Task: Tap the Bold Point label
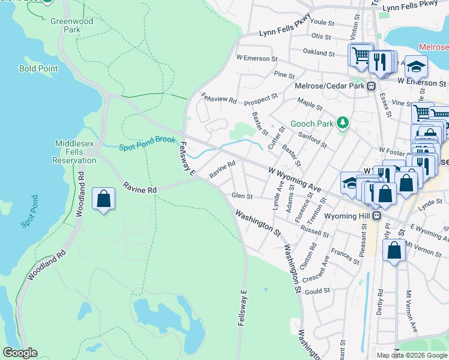pyautogui.click(x=38, y=68)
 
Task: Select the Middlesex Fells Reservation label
pyautogui.click(x=76, y=152)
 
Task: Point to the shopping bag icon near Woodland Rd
pyautogui.click(x=103, y=199)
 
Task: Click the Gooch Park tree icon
pyautogui.click(x=343, y=123)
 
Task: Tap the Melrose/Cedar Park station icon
pyautogui.click(x=372, y=86)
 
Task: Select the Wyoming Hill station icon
pyautogui.click(x=376, y=216)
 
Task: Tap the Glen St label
pyautogui.click(x=243, y=196)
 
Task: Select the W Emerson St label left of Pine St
pyautogui.click(x=257, y=58)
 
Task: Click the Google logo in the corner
pyautogui.click(x=20, y=353)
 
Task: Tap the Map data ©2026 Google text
pyautogui.click(x=412, y=355)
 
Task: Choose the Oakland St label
pyautogui.click(x=319, y=53)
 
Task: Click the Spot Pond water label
pyautogui.click(x=30, y=211)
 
